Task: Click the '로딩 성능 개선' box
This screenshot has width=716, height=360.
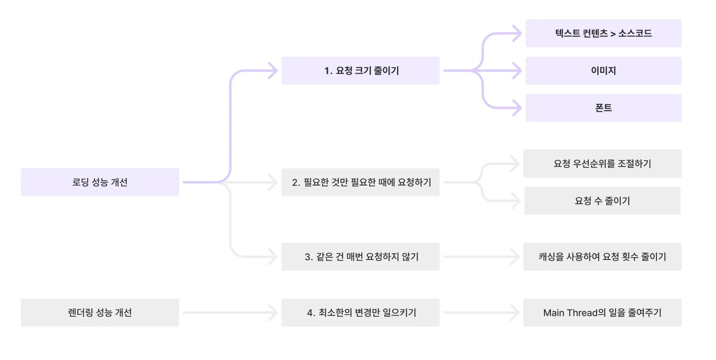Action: [x=100, y=182]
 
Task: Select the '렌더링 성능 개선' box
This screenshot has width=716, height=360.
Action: [x=100, y=312]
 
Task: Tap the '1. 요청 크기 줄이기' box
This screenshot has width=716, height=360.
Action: [x=360, y=71]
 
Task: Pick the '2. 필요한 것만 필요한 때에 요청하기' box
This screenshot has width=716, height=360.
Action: [x=360, y=182]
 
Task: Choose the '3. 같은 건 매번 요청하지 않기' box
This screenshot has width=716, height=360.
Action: [x=360, y=257]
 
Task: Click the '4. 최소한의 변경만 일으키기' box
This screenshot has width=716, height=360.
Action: [x=360, y=312]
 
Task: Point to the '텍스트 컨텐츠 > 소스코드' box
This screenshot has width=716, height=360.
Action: [x=603, y=33]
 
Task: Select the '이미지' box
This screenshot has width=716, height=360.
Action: [x=603, y=71]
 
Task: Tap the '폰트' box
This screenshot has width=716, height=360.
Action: [x=603, y=108]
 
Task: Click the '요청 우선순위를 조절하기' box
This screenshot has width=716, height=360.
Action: [x=602, y=163]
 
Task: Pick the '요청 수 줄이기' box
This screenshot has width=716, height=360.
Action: [x=602, y=201]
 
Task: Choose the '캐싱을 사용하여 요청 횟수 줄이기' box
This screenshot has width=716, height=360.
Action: [x=602, y=257]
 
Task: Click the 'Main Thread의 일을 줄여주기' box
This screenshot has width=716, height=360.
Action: [x=602, y=312]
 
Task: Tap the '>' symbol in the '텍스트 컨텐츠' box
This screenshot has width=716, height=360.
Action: [x=613, y=34]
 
